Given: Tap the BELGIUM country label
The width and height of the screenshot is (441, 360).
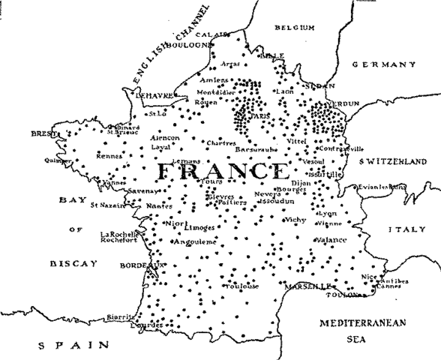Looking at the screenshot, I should pos(293,28).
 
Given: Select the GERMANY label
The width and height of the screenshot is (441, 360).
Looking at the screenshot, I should pos(383,65).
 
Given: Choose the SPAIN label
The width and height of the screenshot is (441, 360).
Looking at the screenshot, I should pos(73,346).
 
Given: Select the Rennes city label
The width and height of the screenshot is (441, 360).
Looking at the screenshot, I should pos(109,156).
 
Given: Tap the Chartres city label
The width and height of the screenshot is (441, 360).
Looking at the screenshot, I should pos(222,142).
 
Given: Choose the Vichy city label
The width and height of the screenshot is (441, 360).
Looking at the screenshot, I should pos(295,220).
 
